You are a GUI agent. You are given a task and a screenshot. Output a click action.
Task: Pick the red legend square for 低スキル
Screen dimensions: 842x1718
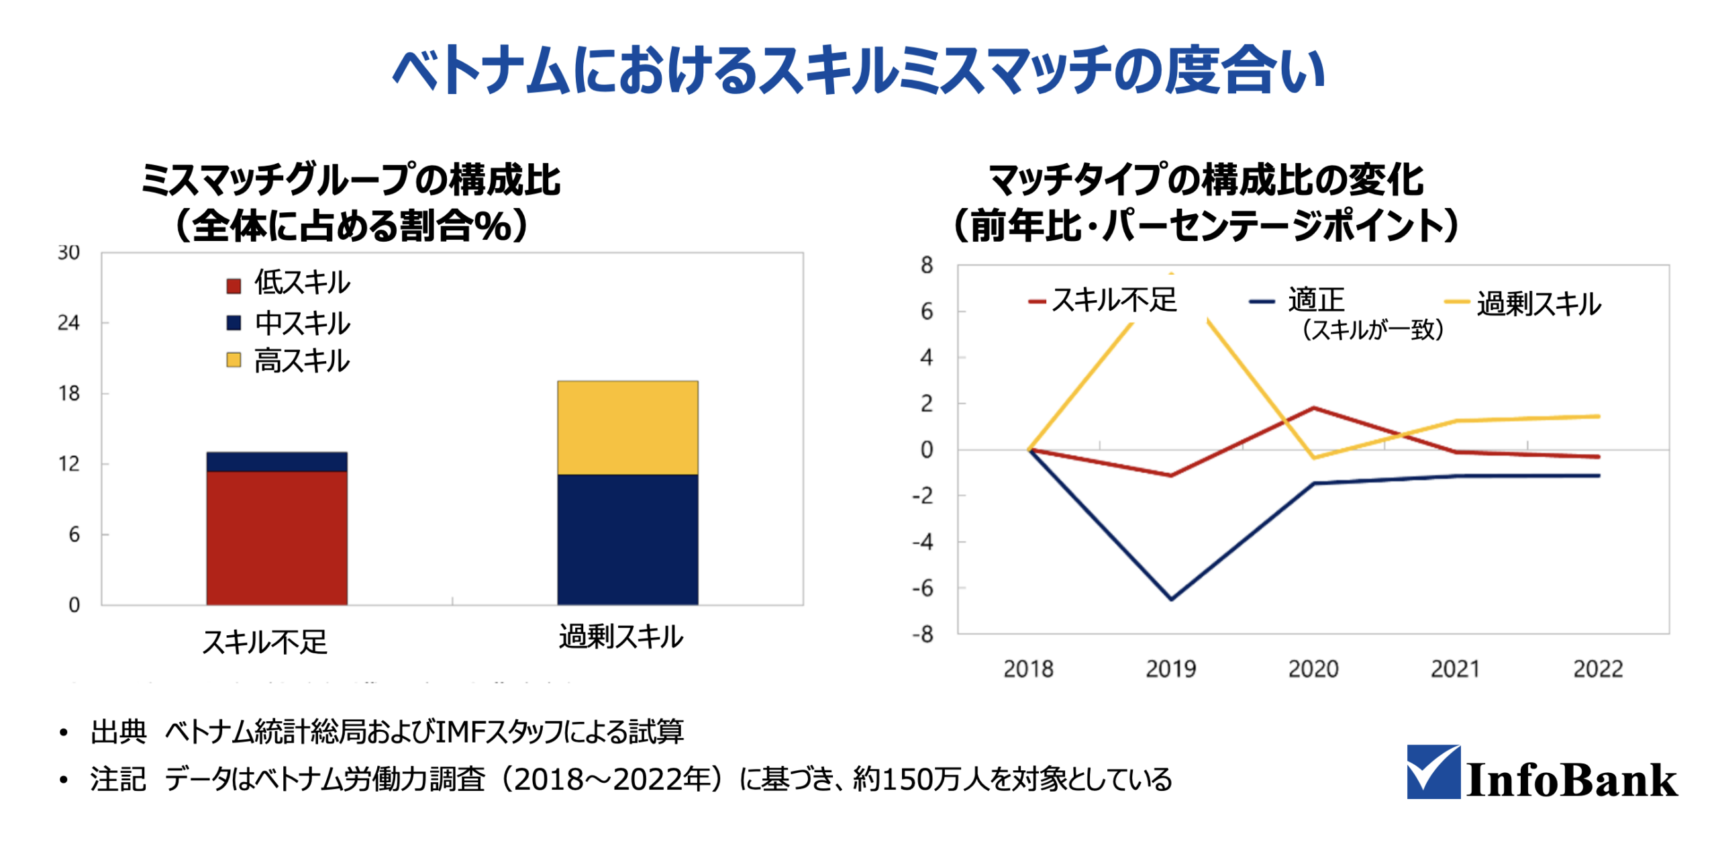(233, 285)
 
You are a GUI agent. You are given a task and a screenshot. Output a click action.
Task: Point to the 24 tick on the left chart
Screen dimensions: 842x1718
(68, 322)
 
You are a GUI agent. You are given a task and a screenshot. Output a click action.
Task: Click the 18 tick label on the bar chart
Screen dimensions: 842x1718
(68, 393)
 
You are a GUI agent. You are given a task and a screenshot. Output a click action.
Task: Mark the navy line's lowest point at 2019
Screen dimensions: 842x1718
(1170, 598)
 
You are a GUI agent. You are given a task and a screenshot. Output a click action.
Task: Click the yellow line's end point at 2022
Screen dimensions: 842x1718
(1598, 416)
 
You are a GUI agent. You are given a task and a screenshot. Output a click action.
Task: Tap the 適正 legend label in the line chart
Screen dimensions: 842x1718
(1315, 299)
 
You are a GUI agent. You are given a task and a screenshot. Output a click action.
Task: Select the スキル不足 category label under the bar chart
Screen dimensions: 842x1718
(264, 641)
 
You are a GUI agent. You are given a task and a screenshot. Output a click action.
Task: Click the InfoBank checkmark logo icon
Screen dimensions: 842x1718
(1432, 770)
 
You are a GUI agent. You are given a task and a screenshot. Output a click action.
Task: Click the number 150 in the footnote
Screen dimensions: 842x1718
(906, 779)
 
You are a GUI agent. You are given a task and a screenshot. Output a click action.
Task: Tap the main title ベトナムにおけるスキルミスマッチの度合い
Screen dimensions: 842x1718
(858, 71)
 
